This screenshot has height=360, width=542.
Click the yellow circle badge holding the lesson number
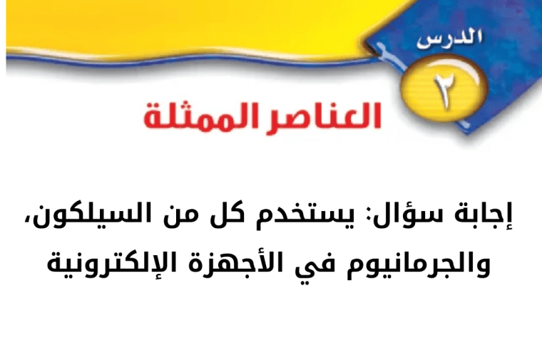[x=444, y=89]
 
